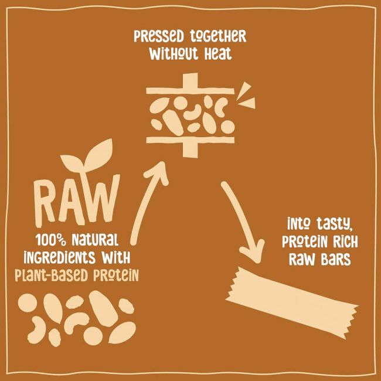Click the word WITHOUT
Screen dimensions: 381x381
pyautogui.click(x=174, y=55)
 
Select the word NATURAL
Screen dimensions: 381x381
pyautogui.click(x=95, y=239)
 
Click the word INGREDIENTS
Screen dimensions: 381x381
pyautogui.click(x=66, y=257)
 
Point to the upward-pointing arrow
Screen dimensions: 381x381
pyautogui.click(x=149, y=199)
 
